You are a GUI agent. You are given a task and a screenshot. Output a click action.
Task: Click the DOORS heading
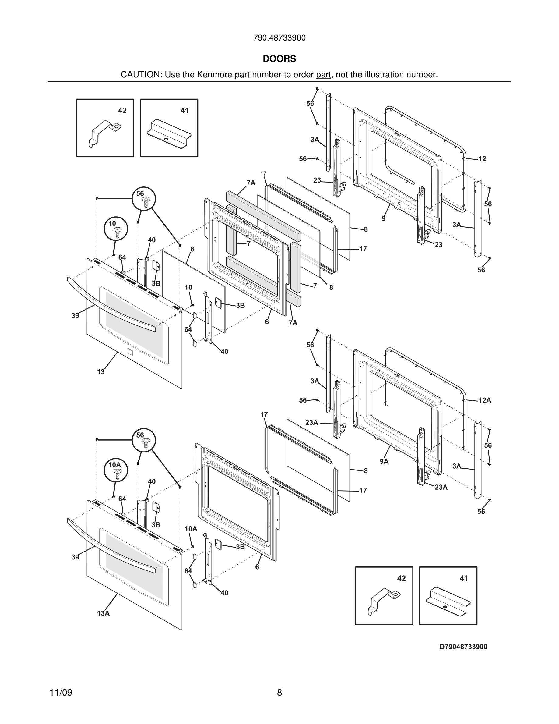pos(279,59)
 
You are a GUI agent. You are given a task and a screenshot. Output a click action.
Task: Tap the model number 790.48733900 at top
pos(279,38)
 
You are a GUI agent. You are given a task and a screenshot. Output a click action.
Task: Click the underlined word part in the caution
pos(323,75)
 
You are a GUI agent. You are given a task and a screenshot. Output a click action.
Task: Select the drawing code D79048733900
pos(463,647)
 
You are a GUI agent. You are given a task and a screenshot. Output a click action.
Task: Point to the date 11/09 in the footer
pos(61,693)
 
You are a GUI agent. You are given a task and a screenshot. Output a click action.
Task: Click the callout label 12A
pos(484,400)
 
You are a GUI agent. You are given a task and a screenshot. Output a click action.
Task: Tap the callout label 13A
pos(103,613)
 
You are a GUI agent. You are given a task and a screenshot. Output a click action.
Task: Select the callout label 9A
pos(384,461)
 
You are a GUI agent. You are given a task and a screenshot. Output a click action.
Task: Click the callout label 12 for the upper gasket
pos(482,159)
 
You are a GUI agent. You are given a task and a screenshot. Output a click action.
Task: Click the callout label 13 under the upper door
pos(101,372)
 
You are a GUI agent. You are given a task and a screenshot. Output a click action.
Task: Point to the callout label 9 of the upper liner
pos(384,219)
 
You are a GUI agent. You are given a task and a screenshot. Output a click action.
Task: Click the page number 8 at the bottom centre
pos(279,693)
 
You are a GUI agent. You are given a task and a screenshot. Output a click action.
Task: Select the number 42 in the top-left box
pos(122,111)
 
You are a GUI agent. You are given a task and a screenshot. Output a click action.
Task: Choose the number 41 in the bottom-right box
pos(463,578)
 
